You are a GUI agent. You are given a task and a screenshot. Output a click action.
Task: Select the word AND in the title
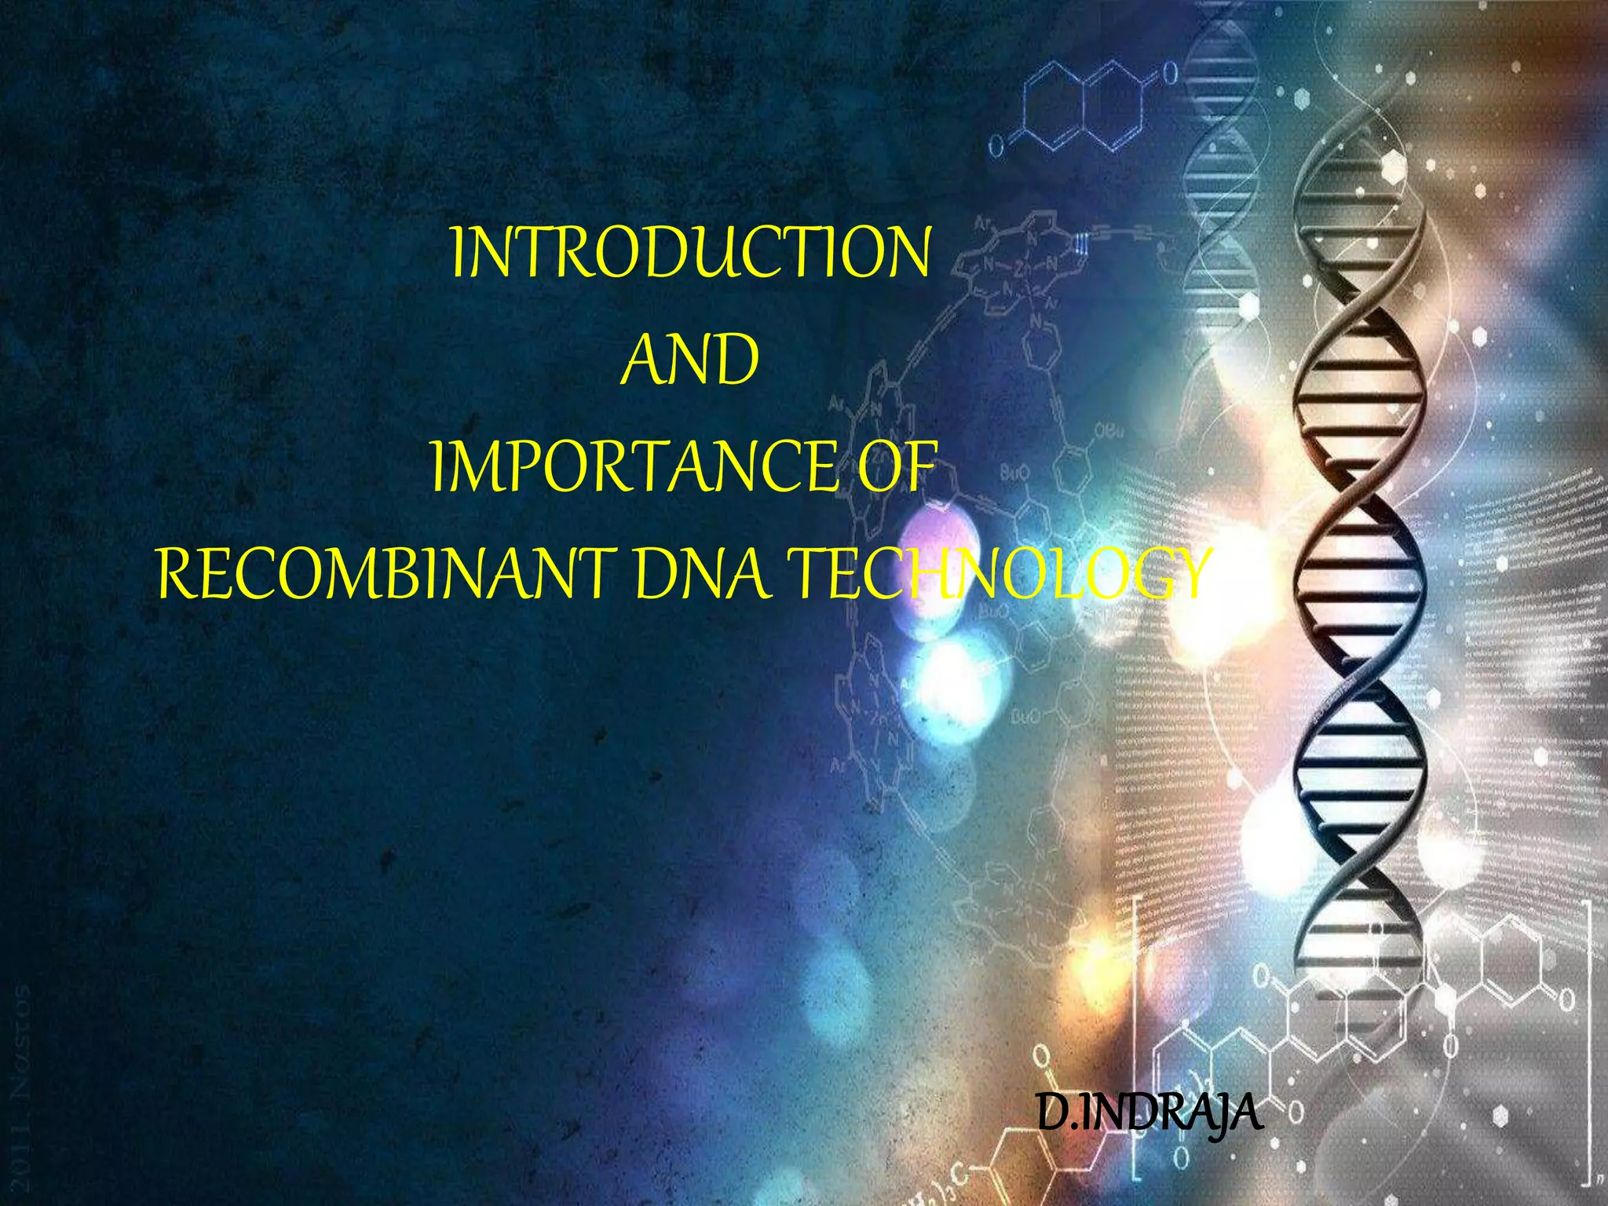689,360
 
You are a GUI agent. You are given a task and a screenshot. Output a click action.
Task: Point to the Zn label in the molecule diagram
1023,270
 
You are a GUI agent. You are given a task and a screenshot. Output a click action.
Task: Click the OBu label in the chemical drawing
1108,431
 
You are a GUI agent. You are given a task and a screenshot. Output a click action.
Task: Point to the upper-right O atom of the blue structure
1169,74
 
